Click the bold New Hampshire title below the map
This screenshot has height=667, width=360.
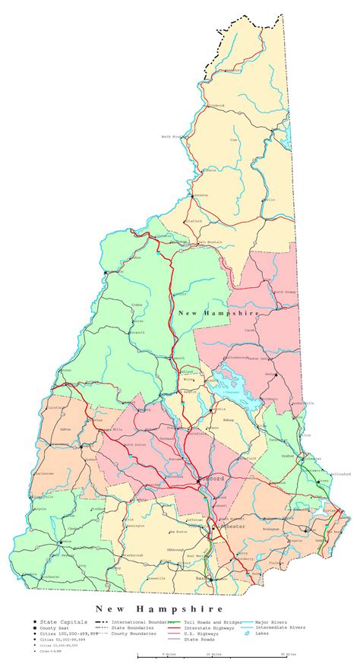pyautogui.click(x=159, y=609)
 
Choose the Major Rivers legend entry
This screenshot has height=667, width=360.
pyautogui.click(x=271, y=622)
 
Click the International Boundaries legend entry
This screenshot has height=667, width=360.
pyautogui.click(x=137, y=622)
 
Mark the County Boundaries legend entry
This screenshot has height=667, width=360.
pyautogui.click(x=133, y=634)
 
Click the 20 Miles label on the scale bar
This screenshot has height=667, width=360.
pyautogui.click(x=212, y=654)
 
